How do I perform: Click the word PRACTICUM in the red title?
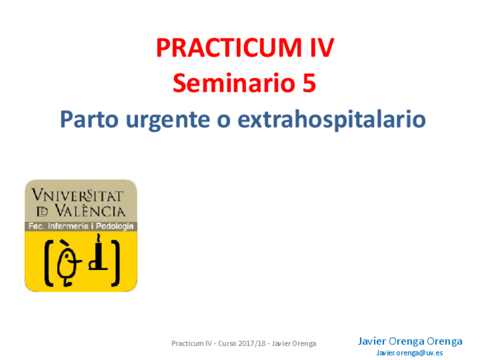[229, 48]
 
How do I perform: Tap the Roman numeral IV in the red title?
[322, 48]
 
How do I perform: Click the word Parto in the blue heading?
[89, 119]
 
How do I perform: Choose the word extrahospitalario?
[332, 119]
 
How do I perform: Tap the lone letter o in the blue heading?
[224, 121]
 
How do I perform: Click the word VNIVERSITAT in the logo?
[78, 195]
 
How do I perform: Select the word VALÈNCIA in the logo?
[90, 211]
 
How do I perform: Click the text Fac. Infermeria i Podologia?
[81, 226]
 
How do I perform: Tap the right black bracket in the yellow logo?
[115, 263]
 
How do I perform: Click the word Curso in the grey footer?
[227, 344]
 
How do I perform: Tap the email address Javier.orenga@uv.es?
[410, 353]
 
